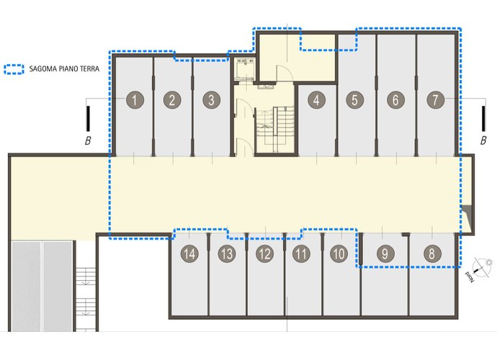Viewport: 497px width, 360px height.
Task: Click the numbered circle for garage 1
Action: tap(135, 100)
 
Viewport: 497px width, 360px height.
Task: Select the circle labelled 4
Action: tap(316, 100)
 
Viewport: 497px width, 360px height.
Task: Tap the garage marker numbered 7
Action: tap(436, 99)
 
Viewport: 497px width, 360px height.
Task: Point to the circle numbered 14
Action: tap(189, 253)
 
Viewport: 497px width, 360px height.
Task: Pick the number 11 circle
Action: tap(301, 253)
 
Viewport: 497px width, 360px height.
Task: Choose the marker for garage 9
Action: tap(385, 253)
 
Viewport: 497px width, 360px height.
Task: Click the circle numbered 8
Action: tap(432, 253)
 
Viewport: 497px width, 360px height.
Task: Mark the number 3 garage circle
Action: tap(212, 100)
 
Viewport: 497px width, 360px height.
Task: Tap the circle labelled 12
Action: tap(264, 253)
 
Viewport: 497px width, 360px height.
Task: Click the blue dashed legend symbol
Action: tap(14, 69)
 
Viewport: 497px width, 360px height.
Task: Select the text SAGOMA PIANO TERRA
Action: tap(64, 69)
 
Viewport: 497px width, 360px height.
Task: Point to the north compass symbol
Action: tap(481, 269)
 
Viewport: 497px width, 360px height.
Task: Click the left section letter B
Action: tap(88, 140)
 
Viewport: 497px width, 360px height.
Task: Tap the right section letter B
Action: tap(483, 140)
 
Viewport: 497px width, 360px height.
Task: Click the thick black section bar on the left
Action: tap(88, 119)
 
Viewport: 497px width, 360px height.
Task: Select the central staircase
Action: tap(275, 130)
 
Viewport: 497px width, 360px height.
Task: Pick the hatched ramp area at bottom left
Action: tap(42, 286)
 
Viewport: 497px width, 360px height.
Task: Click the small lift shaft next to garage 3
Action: tap(245, 70)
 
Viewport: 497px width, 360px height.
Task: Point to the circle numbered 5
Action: tap(354, 100)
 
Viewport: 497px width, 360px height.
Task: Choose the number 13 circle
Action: tap(227, 253)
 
